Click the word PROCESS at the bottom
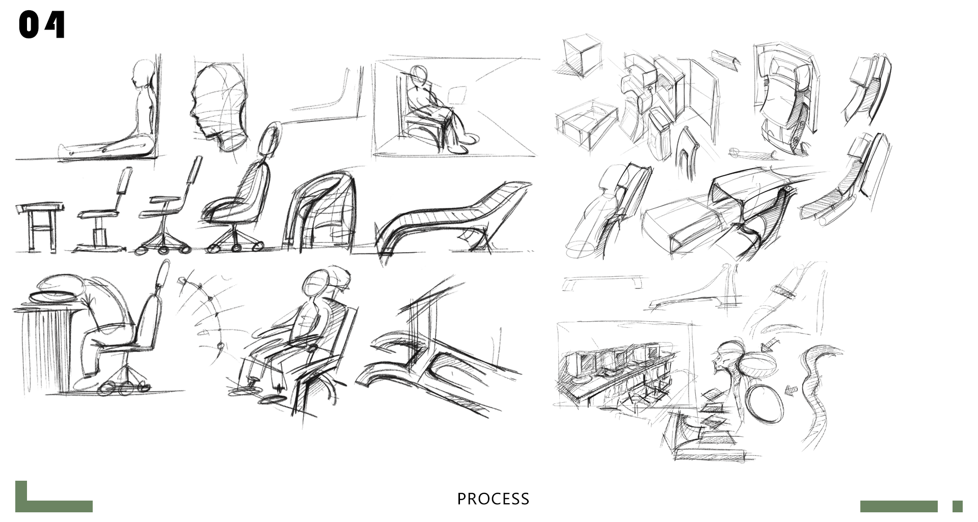click(493, 499)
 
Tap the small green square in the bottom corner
click(957, 506)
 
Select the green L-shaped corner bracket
click(31, 502)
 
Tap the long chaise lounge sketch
click(453, 214)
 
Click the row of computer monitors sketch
click(611, 362)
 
